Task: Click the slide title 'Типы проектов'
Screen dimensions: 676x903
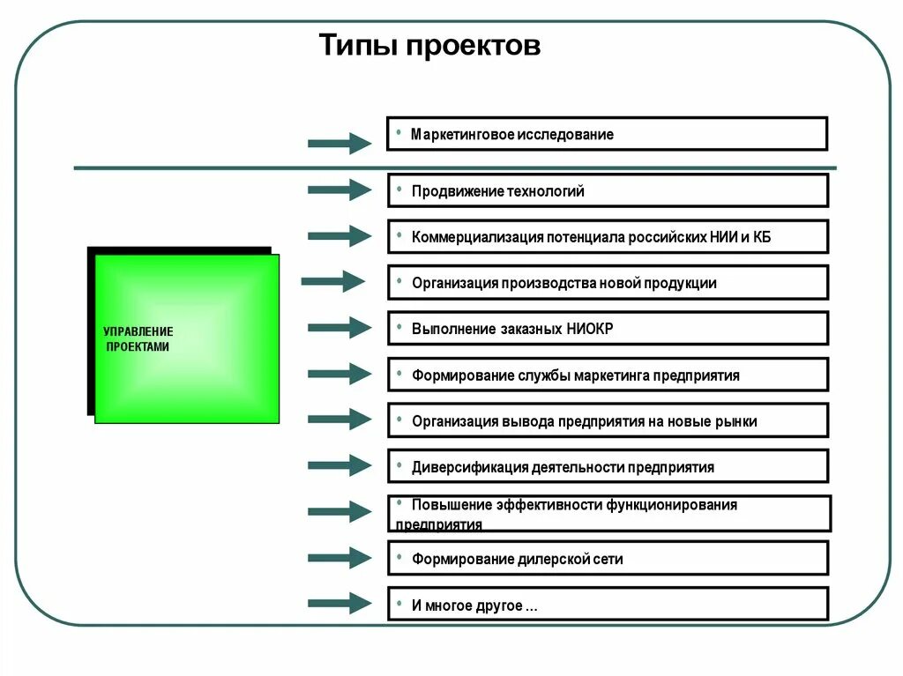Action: [429, 45]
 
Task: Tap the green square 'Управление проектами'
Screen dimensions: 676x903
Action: [186, 338]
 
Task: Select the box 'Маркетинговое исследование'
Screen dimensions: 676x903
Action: [607, 134]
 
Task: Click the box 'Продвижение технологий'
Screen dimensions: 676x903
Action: [608, 190]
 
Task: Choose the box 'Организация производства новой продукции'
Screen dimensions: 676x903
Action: [608, 283]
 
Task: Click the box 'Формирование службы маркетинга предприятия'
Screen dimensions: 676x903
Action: [608, 375]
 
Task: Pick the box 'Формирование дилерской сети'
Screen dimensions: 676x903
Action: [608, 558]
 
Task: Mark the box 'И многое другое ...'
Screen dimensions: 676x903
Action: [608, 605]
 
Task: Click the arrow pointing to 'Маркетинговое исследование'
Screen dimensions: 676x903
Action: [340, 143]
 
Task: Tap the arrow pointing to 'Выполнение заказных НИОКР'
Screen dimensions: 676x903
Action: [340, 328]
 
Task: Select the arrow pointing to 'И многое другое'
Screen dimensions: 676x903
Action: [340, 604]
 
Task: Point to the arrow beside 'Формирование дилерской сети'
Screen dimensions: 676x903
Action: [340, 557]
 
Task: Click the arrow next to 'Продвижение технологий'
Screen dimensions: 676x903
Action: [340, 189]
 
